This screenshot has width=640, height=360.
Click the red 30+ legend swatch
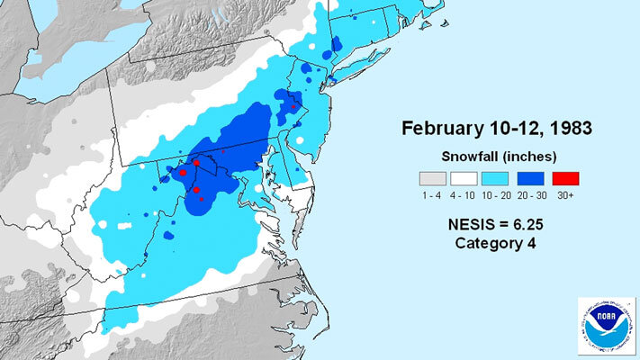pyautogui.click(x=565, y=177)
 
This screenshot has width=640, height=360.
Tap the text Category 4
pyautogui.click(x=490, y=243)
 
